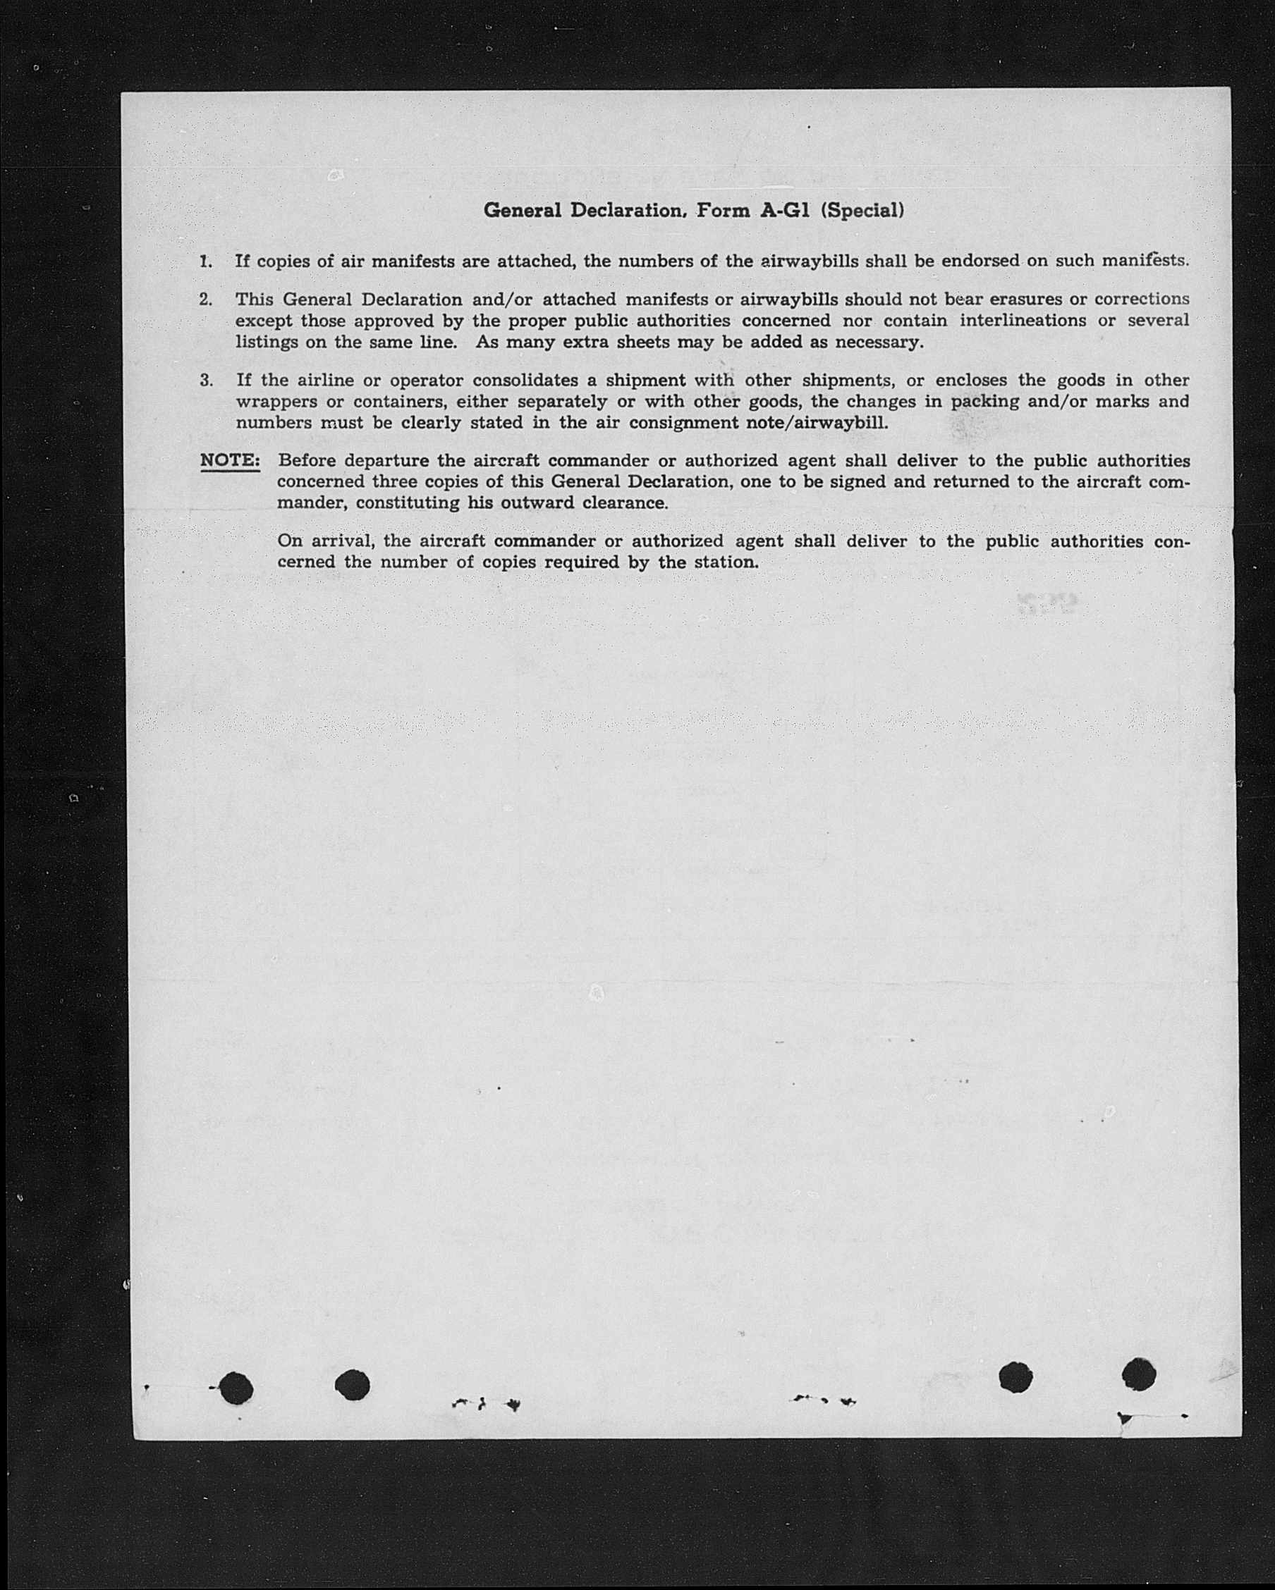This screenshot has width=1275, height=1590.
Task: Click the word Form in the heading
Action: tap(722, 211)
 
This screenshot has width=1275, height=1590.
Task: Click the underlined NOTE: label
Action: tap(229, 461)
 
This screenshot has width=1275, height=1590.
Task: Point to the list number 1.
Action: tap(206, 261)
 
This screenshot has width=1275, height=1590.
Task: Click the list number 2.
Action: tap(206, 300)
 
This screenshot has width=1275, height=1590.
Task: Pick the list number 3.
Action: tap(206, 381)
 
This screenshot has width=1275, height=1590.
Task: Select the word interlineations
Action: tap(1023, 321)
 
